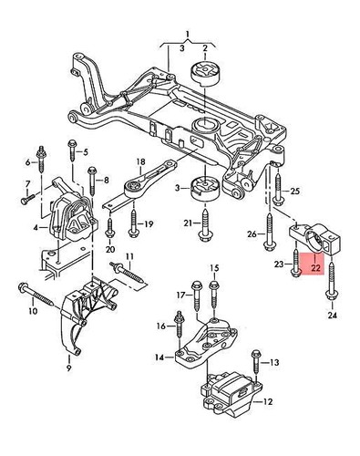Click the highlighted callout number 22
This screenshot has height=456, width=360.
coord(315,269)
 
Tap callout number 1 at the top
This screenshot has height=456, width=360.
coord(189,35)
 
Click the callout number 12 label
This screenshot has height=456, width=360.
coord(268,400)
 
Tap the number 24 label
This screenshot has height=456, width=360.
coord(332,316)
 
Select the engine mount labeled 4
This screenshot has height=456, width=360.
coord(69,215)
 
